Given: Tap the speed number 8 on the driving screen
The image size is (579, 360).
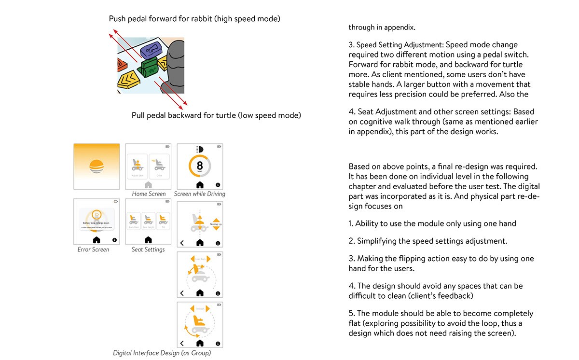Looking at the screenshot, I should coord(200,165).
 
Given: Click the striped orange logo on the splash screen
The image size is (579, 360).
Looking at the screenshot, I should coord(96,166).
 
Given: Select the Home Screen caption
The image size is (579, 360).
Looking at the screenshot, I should coord(149,194).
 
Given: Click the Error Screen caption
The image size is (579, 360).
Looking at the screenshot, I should coord(93,249).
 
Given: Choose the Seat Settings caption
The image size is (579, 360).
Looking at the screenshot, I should coord(148,249).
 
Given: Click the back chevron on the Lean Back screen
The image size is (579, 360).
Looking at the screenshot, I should coord(182,293).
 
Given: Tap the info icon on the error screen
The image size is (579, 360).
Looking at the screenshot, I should coord(114,240).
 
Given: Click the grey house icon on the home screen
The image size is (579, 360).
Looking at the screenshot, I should coord(148,185).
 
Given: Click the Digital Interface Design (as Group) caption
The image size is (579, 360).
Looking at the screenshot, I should coord(162,353).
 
